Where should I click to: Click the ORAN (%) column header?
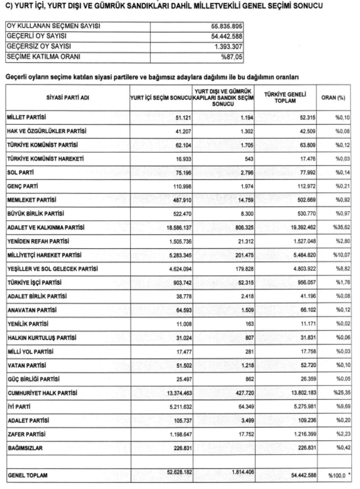333,98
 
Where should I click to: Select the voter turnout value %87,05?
231,57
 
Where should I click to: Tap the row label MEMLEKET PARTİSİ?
32,200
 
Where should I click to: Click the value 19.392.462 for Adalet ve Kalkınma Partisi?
303,228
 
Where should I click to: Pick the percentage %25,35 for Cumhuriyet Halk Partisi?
341,393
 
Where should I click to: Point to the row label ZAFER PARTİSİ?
27,434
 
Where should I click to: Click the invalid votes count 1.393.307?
228,47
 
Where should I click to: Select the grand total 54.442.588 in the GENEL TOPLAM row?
304,475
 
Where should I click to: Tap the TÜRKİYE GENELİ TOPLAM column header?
285,98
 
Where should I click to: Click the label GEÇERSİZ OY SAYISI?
39,46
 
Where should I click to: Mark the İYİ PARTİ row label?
19,407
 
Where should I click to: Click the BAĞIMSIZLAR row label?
25,448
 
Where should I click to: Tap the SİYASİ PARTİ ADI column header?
67,98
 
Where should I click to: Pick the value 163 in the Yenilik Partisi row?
249,324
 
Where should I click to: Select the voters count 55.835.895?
226,26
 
